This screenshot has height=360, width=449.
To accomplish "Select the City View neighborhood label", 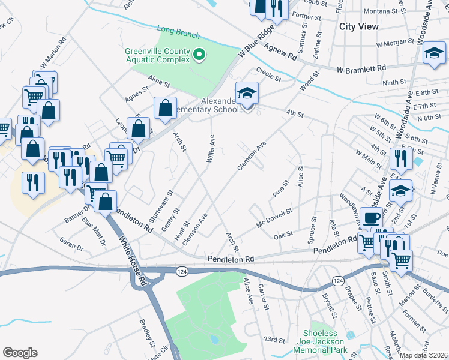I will click(359, 26).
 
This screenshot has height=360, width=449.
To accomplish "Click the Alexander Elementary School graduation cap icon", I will click(246, 94).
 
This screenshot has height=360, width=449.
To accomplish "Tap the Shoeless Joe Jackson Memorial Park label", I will click(325, 341).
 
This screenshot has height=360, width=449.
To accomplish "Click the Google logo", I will click(20, 353).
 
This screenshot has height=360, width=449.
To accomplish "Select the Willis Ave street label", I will click(212, 148).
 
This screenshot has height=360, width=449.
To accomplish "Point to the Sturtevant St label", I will click(166, 203).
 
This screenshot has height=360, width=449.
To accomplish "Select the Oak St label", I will click(283, 235).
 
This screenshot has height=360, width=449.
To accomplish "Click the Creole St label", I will click(268, 76).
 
